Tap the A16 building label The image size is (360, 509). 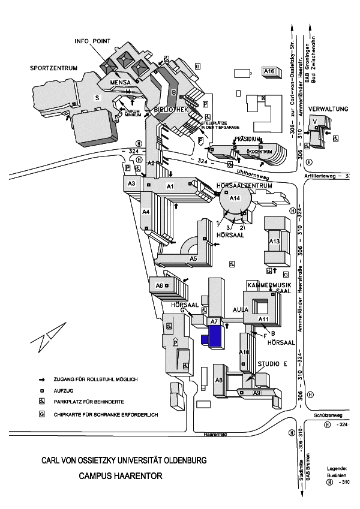tap(269, 71)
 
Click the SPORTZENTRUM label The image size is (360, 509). tap(55, 68)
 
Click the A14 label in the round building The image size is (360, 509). tap(235, 198)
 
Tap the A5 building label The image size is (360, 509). tap(193, 258)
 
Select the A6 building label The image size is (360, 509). tap(160, 285)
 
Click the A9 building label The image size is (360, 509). tap(256, 393)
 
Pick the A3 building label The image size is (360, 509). tap(131, 183)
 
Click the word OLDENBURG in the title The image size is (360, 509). tap(180, 460)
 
